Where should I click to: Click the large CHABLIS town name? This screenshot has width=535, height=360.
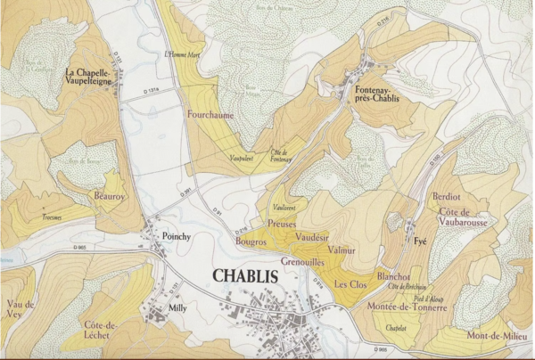pyautogui.click(x=245, y=275)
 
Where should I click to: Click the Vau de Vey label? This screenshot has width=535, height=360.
pyautogui.click(x=20, y=309)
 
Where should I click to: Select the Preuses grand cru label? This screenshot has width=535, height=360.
pyautogui.click(x=282, y=225)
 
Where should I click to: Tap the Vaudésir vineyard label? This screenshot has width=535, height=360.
pyautogui.click(x=311, y=238)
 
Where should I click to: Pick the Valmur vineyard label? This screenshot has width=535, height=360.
pyautogui.click(x=341, y=251)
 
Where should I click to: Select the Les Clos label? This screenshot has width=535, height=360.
pyautogui.click(x=350, y=284)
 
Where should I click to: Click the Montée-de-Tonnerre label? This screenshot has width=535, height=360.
pyautogui.click(x=407, y=306)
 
